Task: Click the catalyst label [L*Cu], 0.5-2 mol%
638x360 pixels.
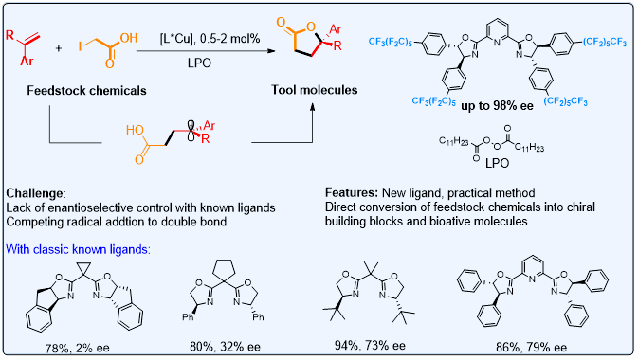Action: point(210,39)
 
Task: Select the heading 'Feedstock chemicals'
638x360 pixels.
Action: point(86,90)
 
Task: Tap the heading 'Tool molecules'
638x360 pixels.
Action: point(315,90)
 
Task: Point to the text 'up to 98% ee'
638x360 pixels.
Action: point(497,106)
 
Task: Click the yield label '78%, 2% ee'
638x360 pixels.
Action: point(78,349)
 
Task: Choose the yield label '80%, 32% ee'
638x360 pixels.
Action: point(225,347)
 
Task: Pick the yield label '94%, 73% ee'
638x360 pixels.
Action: point(370,346)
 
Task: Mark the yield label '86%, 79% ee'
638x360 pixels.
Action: point(531,347)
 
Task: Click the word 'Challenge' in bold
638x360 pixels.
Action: point(35,193)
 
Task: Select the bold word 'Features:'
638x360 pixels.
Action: point(352,192)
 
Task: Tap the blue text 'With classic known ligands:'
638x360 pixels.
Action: point(78,249)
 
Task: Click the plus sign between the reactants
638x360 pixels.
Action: point(59,48)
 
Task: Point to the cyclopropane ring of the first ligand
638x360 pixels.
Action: point(84,270)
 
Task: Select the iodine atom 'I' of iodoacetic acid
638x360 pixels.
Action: point(81,46)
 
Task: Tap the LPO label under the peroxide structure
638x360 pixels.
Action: point(497,163)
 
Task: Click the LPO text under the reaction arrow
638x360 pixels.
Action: point(199,63)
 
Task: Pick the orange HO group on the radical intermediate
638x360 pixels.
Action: point(135,130)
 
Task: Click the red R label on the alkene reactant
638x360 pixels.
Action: point(10,35)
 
